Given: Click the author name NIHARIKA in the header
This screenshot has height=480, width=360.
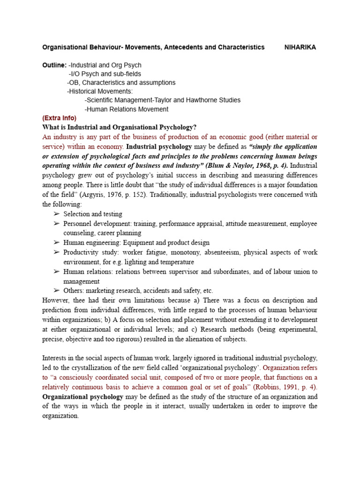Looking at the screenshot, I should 300,47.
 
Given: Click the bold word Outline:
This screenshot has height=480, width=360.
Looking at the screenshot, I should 54,65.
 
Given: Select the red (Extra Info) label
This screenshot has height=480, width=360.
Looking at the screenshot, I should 59,118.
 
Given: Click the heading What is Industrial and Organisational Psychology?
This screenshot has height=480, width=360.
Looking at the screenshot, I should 120,127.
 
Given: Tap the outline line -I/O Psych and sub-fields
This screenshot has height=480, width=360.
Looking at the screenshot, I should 105,74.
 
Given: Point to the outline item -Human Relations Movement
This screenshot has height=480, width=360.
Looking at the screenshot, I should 126,109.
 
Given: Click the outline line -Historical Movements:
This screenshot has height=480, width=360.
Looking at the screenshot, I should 100,91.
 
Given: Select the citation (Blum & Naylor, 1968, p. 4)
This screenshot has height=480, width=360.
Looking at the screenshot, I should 249,166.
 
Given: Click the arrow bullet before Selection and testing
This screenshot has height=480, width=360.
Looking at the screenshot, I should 57,214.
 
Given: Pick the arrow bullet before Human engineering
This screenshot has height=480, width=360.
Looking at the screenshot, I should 57,243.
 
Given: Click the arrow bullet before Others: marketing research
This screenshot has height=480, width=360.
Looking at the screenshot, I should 57,291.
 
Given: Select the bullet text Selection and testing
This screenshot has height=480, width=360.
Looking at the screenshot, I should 93,214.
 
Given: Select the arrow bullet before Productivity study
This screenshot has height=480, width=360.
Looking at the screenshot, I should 57,252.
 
